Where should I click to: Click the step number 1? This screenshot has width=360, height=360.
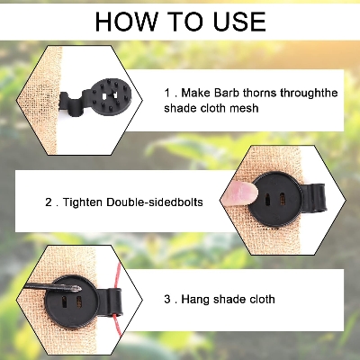click(x=168, y=93)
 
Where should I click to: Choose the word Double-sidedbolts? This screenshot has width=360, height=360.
click(x=159, y=202)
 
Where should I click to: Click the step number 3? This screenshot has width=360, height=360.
click(x=168, y=299)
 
